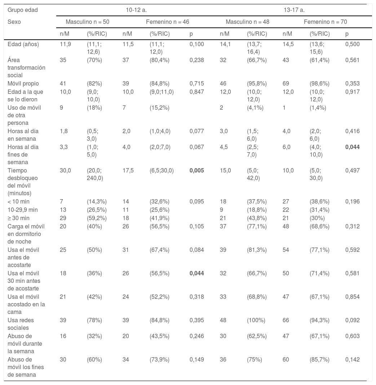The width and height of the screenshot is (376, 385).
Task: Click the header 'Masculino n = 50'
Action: coord(87,22)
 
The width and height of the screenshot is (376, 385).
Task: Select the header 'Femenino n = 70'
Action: coord(325,22)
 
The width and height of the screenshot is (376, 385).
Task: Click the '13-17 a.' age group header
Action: coord(294,10)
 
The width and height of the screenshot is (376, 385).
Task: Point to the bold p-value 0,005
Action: coord(196,171)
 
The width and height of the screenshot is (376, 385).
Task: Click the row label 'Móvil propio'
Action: coord(23,84)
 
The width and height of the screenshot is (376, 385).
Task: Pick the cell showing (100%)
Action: coord(256,320)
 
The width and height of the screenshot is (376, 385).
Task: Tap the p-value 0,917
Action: coord(352,92)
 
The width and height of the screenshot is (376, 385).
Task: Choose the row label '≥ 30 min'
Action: coord(19,218)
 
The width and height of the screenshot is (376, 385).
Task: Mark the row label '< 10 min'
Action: coord(18,201)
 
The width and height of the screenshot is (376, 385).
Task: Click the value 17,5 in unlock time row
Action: coord(128,171)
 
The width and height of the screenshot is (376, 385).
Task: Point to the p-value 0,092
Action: coord(352,320)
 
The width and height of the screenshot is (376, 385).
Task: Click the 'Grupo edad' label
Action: coord(23,10)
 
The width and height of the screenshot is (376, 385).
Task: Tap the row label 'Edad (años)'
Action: coord(23,44)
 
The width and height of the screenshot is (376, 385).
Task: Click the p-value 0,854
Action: coord(352,297)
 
